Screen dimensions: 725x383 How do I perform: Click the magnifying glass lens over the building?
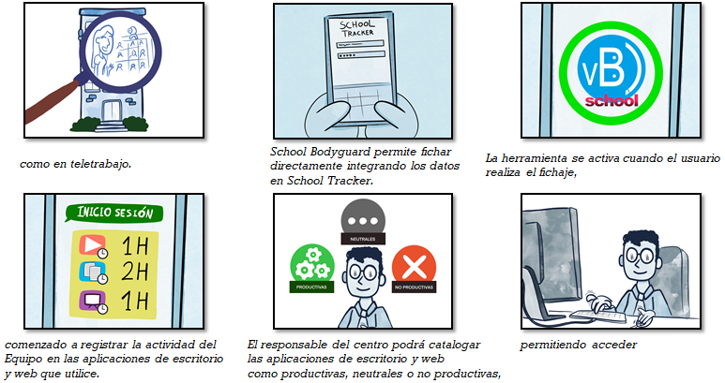(x=121, y=52)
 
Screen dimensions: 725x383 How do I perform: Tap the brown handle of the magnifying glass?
(x=51, y=102)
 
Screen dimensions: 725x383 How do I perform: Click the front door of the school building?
(x=112, y=111)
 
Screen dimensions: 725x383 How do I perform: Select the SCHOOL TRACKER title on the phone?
(x=357, y=28)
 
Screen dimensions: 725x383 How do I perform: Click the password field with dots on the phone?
(x=362, y=55)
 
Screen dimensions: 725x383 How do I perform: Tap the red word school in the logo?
(x=612, y=101)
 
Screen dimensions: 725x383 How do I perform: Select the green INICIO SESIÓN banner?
(x=114, y=213)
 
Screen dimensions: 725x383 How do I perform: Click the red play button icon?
(x=93, y=246)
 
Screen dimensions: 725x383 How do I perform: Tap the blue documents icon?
(x=93, y=273)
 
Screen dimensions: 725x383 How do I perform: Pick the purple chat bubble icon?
(x=93, y=302)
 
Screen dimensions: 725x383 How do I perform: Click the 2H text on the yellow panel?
(x=134, y=272)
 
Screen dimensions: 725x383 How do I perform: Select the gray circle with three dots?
(x=363, y=221)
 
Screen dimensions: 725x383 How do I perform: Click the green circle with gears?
(x=312, y=264)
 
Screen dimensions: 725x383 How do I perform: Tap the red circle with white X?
(x=414, y=266)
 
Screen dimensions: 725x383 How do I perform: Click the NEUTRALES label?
(x=363, y=239)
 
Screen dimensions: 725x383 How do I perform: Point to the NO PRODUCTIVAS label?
(x=414, y=287)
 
